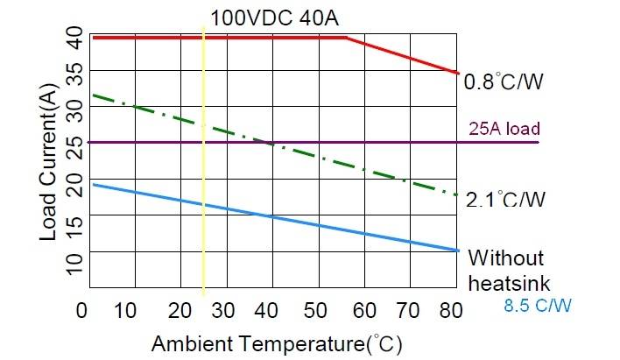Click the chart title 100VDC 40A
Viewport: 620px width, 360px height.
(x=261, y=17)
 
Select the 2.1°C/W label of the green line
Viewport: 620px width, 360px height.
(x=505, y=200)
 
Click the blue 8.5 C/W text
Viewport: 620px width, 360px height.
(x=538, y=307)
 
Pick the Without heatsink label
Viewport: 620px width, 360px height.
(x=507, y=271)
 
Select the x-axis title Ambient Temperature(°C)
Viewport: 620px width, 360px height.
(x=278, y=341)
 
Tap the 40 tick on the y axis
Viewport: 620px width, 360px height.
(x=75, y=38)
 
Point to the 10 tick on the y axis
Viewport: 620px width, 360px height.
(x=75, y=259)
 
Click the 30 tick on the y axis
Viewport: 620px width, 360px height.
(x=75, y=112)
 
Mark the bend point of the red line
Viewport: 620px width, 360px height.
(x=347, y=38)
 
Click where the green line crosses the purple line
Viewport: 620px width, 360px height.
(x=271, y=143)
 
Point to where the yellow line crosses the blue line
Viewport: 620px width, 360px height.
(x=203, y=205)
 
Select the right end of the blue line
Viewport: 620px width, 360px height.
(x=457, y=251)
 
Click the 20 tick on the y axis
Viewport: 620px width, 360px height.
(x=75, y=186)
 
